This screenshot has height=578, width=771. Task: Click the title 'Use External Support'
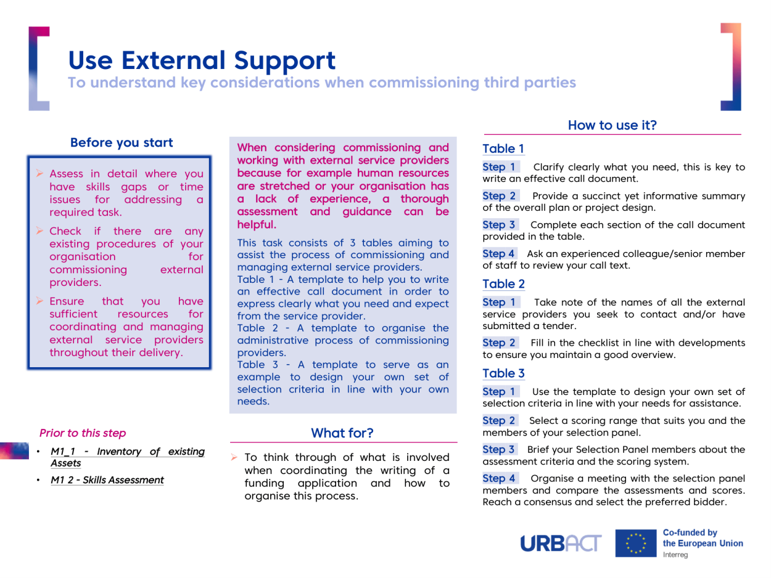[x=202, y=61]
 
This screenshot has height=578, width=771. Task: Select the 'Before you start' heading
[x=122, y=142]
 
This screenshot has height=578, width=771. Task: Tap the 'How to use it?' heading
[x=612, y=125]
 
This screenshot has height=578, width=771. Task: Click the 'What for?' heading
[x=342, y=433]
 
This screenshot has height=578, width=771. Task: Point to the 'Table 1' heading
[x=503, y=149]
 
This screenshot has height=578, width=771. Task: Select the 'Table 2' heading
[x=503, y=283]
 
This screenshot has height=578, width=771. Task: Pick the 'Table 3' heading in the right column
[x=503, y=373]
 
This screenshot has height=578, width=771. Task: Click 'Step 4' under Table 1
[x=498, y=253]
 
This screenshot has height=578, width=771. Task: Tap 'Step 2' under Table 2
[x=499, y=343]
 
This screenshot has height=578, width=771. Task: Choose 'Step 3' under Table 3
[x=498, y=449]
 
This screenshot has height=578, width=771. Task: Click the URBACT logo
[x=561, y=543]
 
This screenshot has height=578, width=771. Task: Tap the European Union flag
[x=635, y=543]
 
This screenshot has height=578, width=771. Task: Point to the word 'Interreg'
[x=675, y=555]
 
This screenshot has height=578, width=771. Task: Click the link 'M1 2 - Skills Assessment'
[x=107, y=480]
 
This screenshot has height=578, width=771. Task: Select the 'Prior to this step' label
[x=83, y=433]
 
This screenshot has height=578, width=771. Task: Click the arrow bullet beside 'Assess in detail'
[x=39, y=173]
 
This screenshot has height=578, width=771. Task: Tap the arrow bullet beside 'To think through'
[x=234, y=457]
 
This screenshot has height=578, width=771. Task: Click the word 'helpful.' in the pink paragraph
[x=257, y=224]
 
